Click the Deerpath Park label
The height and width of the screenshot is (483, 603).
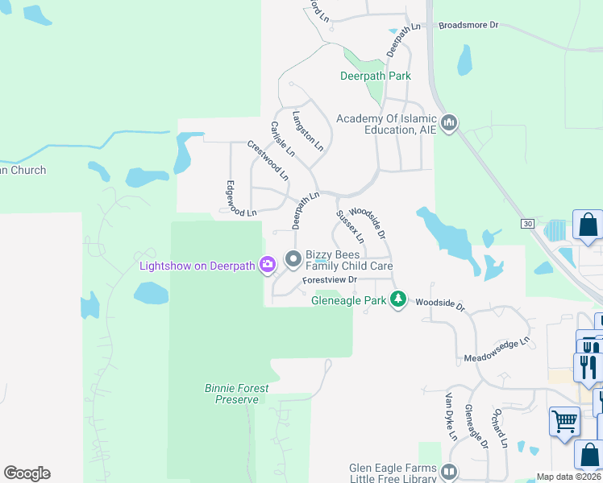[375, 76]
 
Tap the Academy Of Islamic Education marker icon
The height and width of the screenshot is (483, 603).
[449, 123]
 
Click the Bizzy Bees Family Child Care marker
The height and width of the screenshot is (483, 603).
[293, 259]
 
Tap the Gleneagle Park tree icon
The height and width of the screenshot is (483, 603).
[397, 299]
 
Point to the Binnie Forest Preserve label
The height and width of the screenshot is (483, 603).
[236, 394]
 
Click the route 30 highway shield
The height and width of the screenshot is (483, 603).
[527, 223]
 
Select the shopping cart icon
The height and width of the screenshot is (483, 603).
[564, 421]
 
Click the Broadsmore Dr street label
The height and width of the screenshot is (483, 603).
[469, 25]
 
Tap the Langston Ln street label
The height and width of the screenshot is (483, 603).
[308, 131]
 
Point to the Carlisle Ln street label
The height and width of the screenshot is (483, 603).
[283, 138]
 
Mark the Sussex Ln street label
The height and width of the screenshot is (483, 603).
[350, 227]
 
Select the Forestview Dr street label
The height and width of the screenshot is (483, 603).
[329, 280]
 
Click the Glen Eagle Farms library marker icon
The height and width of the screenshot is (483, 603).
[449, 472]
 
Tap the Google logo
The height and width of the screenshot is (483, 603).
[27, 473]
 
